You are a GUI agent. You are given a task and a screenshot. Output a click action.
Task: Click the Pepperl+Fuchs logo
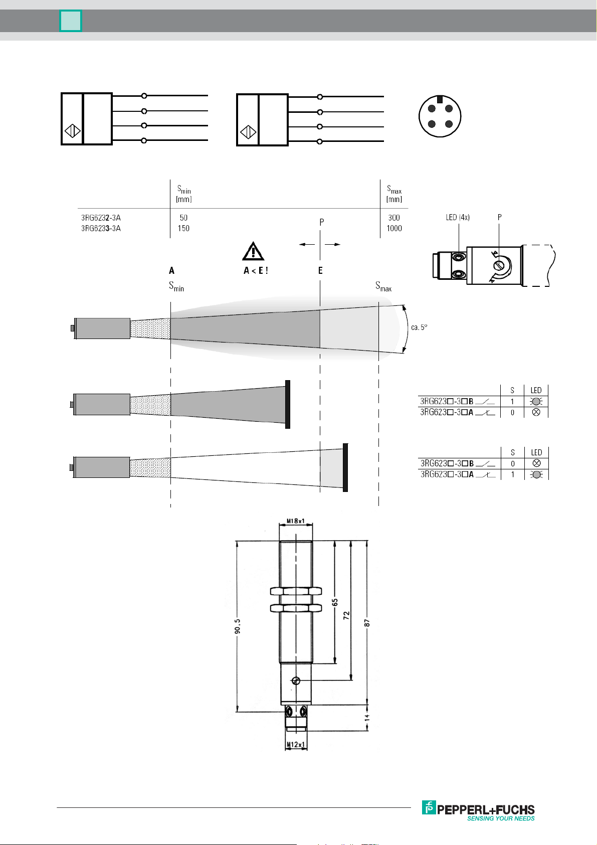click(478, 810)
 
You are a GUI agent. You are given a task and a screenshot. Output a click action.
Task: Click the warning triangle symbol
click(253, 251)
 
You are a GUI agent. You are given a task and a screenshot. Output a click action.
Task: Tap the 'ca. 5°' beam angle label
click(419, 327)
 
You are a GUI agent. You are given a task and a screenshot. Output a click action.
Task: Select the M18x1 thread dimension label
click(295, 521)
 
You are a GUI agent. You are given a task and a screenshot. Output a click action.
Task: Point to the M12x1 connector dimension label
click(296, 744)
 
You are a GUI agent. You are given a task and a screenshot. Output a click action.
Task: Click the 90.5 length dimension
click(237, 626)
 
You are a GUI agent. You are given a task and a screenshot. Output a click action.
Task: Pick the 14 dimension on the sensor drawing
click(367, 718)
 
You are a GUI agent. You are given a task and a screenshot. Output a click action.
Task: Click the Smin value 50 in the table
click(183, 218)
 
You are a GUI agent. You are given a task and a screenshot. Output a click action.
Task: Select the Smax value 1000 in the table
click(394, 228)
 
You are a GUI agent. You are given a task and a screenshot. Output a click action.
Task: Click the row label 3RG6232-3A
click(101, 218)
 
